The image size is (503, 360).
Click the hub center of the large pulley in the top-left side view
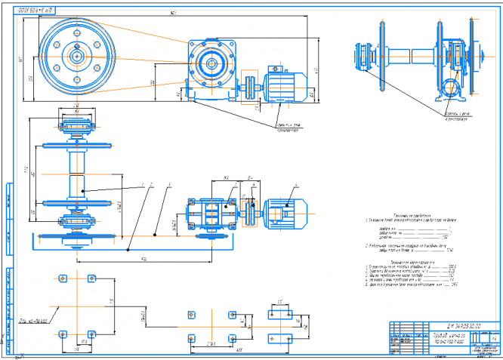77,55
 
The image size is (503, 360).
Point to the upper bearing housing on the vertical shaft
77,125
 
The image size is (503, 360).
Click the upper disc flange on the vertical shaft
78,145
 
